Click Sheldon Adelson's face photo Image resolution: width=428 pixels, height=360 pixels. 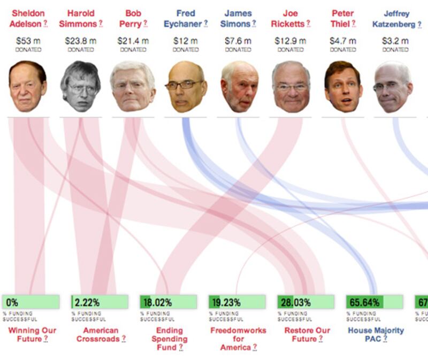[x=28, y=87]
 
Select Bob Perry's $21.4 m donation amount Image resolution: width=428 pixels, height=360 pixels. [x=133, y=41]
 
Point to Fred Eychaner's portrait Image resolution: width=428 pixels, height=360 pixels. [x=185, y=87]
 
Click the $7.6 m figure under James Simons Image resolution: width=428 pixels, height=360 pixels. [x=238, y=41]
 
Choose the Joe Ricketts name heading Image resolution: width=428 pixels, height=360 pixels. [x=291, y=18]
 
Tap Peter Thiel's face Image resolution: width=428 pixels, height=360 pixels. [x=343, y=87]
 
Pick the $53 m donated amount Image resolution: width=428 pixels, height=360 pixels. [x=28, y=41]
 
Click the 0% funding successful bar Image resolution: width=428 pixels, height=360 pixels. [x=31, y=302]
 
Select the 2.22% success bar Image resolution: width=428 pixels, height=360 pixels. [x=100, y=302]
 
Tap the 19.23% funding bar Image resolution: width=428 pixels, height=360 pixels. [x=237, y=302]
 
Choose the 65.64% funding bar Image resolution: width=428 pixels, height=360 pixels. [x=374, y=302]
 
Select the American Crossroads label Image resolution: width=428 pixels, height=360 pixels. [x=100, y=334]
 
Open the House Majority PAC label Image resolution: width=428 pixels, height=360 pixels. [x=376, y=334]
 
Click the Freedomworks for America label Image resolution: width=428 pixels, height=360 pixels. [x=238, y=339]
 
